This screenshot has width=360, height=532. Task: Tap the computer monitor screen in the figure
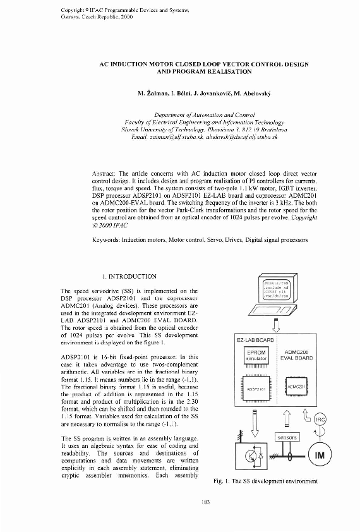click(x=276, y=290)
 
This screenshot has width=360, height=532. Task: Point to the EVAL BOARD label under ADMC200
click(x=296, y=358)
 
